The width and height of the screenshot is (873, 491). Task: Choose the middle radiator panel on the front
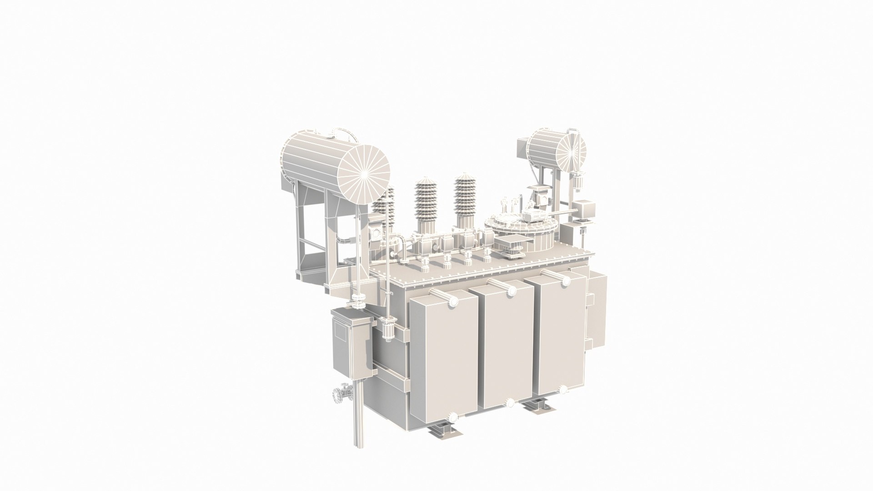(x=508, y=346)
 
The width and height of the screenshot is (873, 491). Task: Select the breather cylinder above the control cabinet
(x=390, y=328)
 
